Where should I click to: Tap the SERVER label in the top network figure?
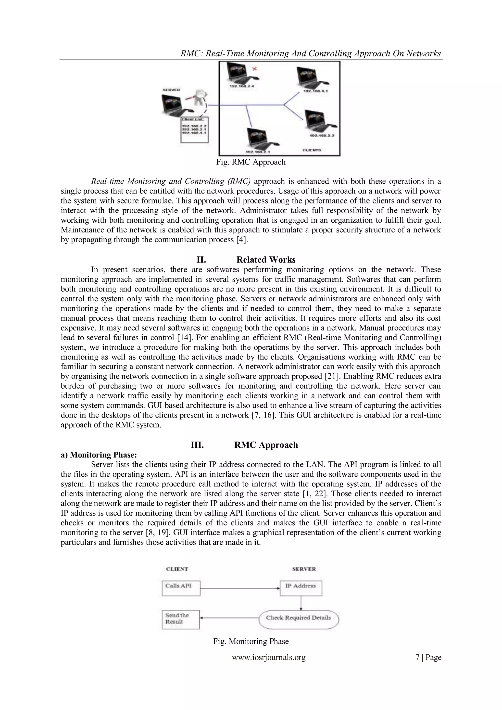pyautogui.click(x=172, y=90)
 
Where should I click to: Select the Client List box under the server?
pyautogui.click(x=194, y=129)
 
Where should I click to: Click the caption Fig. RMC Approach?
pyautogui.click(x=251, y=162)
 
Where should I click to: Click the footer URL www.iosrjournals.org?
pyautogui.click(x=269, y=658)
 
